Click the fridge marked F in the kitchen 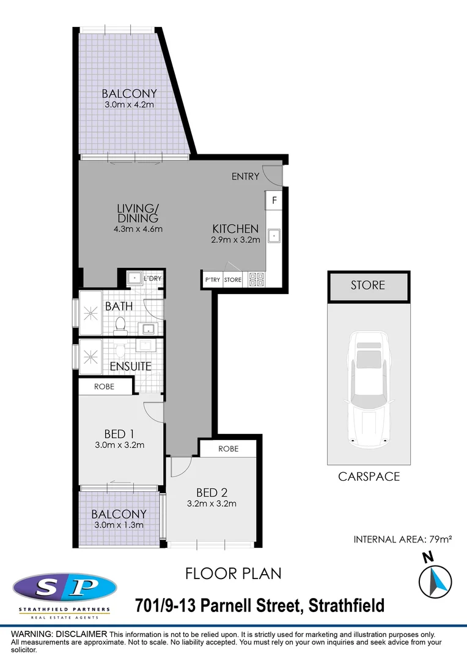274,200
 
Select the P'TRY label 212,280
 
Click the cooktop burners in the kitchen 257,280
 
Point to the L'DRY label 152,279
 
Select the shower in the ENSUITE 91,355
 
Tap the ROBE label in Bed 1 104,386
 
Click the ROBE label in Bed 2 228,448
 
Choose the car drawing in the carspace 367,387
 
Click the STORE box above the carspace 367,286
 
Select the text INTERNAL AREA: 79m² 402,539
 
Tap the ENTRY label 245,177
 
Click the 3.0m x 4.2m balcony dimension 129,105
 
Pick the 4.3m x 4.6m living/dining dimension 138,229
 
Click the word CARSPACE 369,477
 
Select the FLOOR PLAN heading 233,574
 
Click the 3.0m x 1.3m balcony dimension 119,525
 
